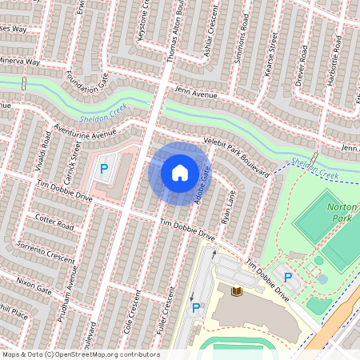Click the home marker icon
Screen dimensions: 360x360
[x=180, y=172]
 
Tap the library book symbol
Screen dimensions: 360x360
[x=236, y=291]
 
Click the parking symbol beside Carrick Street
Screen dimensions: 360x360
[x=103, y=170]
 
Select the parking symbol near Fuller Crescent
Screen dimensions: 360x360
[x=196, y=308]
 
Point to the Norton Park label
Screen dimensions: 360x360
[x=342, y=212]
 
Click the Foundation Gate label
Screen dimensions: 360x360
[x=86, y=77]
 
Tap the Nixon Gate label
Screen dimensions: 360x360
[x=34, y=284]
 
